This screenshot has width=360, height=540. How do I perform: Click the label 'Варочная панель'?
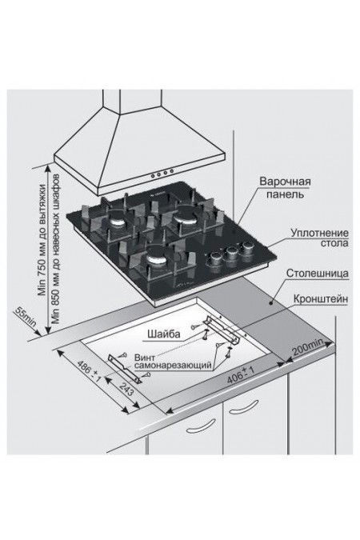pos(285,188)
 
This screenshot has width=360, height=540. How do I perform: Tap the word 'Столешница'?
pos(317,274)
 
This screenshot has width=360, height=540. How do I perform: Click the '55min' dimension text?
pos(22,322)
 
